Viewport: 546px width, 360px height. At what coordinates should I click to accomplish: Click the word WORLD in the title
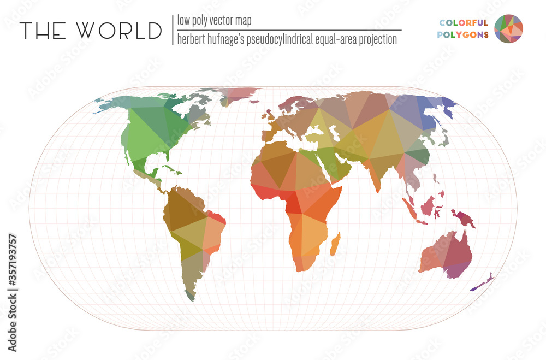[120, 31]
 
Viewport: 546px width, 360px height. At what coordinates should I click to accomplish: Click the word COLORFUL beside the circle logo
[464, 22]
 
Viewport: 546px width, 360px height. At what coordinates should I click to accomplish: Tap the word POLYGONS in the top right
[464, 34]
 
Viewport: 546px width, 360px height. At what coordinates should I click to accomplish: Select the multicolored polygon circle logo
[508, 28]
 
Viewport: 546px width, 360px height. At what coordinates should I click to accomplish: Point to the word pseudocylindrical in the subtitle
[278, 40]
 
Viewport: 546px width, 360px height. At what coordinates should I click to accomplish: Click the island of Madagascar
[336, 243]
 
